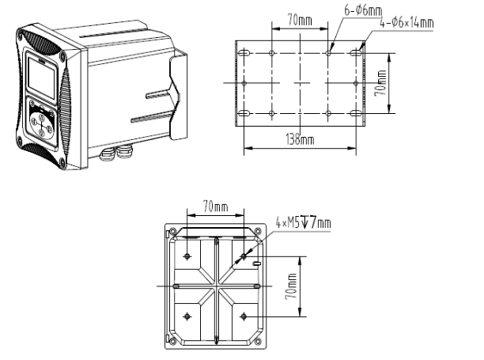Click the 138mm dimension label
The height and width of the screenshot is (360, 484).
(x=300, y=139)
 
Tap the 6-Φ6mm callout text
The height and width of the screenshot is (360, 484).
(x=363, y=10)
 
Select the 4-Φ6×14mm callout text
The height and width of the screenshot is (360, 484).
(x=406, y=23)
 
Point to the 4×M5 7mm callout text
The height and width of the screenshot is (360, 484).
(x=303, y=222)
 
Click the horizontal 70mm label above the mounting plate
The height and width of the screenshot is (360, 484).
(x=300, y=20)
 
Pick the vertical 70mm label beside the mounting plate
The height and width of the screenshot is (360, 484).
(x=380, y=83)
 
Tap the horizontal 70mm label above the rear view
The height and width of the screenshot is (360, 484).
(x=215, y=206)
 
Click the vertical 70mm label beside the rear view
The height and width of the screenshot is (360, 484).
(x=291, y=286)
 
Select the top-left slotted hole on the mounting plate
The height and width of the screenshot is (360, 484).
(x=244, y=53)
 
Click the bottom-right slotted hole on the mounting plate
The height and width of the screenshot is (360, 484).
(x=356, y=114)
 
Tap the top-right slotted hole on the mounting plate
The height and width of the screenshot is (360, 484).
(x=356, y=53)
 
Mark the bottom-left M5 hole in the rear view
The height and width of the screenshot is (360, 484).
(x=187, y=316)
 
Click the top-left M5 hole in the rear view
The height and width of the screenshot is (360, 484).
(x=187, y=256)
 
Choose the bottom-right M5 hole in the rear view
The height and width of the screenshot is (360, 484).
(x=244, y=316)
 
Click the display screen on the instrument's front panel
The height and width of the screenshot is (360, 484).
(x=42, y=78)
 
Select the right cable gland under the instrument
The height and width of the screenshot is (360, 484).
(x=124, y=150)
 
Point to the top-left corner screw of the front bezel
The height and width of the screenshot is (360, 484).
(x=21, y=35)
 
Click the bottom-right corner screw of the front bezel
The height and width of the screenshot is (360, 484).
(x=63, y=163)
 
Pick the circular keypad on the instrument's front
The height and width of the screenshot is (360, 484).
(x=42, y=123)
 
